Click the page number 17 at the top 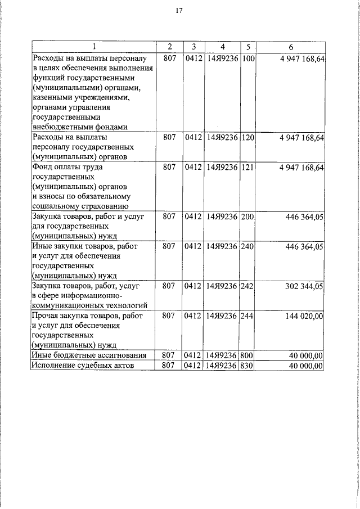[x=179, y=10]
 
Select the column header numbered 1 [x=94, y=46]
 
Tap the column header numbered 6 [x=291, y=46]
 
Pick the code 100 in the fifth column [x=248, y=58]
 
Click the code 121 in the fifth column [x=248, y=167]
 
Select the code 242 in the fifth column [x=248, y=286]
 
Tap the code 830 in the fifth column [x=248, y=366]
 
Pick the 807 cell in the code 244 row [x=169, y=317]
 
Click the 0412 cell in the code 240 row [x=193, y=246]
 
